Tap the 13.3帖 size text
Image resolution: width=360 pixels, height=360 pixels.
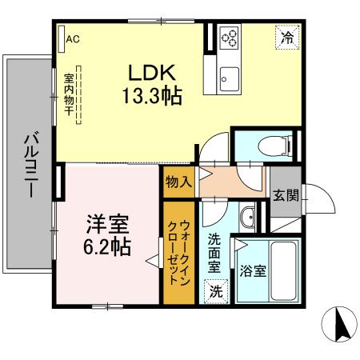click(153, 96)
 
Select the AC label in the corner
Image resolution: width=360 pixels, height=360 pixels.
click(73, 38)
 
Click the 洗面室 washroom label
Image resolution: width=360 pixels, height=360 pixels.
click(215, 254)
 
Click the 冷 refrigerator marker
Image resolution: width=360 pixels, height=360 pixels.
click(285, 36)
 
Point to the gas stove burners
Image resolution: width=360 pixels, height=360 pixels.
click(230, 38)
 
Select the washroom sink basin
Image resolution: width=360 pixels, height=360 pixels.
click(248, 217)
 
